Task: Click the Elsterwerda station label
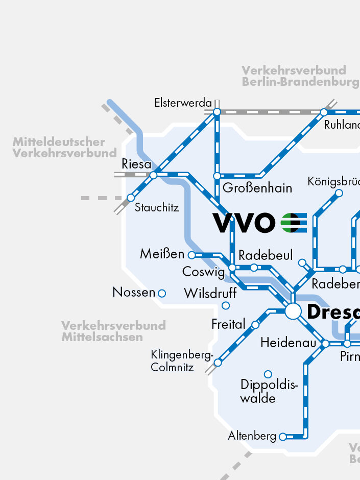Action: pyautogui.click(x=183, y=103)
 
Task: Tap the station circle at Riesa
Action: pyautogui.click(x=153, y=175)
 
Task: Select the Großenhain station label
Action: pyautogui.click(x=257, y=188)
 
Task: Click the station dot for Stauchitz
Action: pyautogui.click(x=131, y=198)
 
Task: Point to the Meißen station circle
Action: pyautogui.click(x=191, y=255)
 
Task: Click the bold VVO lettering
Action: pyautogui.click(x=244, y=223)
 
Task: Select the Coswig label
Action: pyautogui.click(x=203, y=272)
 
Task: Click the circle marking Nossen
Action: pyautogui.click(x=162, y=293)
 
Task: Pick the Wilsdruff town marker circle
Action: pyautogui.click(x=226, y=306)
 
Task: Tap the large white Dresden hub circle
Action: pyautogui.click(x=293, y=311)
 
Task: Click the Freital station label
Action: pyautogui.click(x=228, y=324)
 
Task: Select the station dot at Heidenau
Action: pyautogui.click(x=325, y=344)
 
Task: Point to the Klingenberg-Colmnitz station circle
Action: pyautogui.click(x=218, y=363)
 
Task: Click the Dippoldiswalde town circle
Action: pyautogui.click(x=268, y=374)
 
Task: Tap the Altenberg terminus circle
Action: pyautogui.click(x=282, y=437)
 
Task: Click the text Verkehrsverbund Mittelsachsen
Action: pyautogui.click(x=113, y=331)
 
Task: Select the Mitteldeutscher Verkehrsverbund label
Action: pyautogui.click(x=65, y=148)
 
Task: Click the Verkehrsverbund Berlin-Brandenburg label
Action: pyautogui.click(x=300, y=76)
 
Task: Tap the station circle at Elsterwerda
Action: pyautogui.click(x=217, y=111)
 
